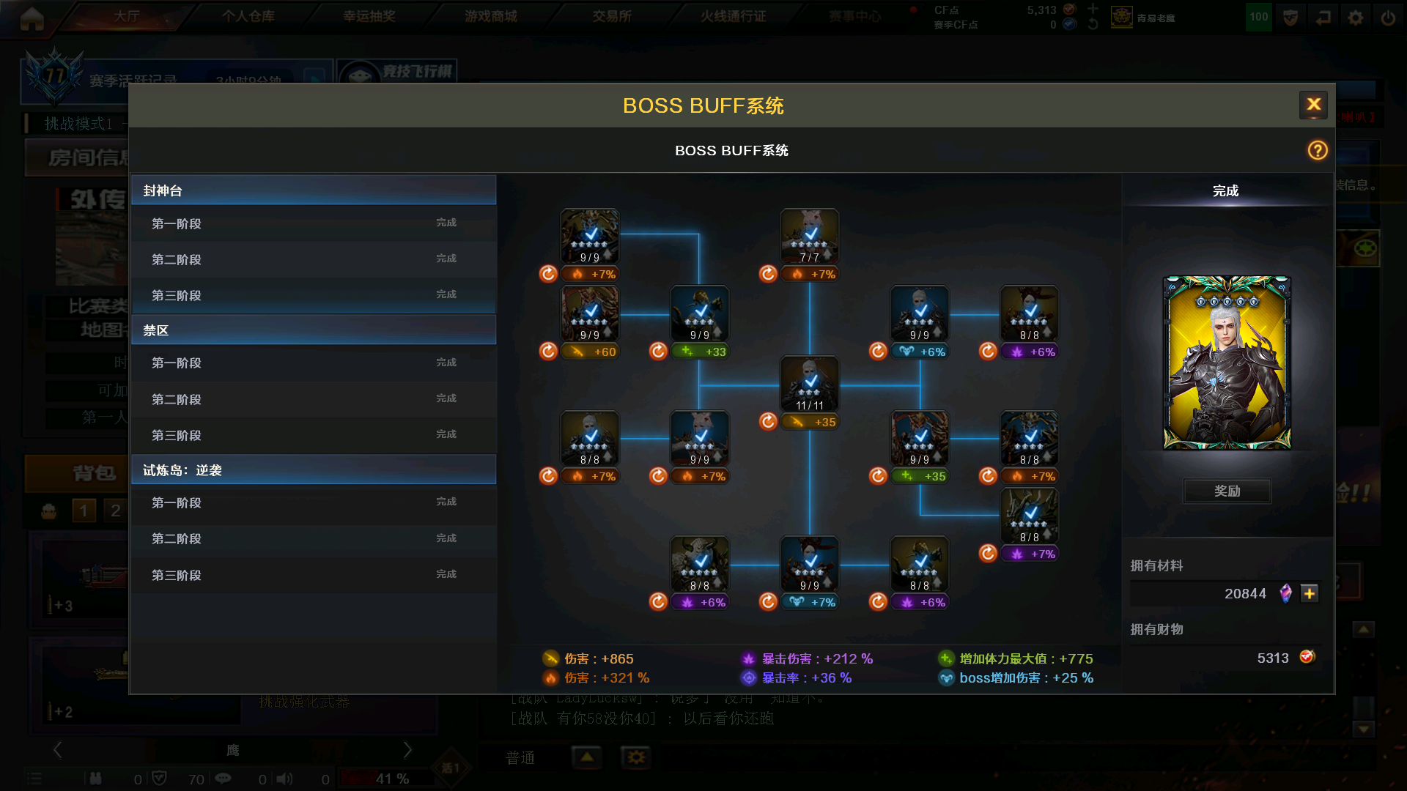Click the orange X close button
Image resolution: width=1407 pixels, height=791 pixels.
[x=1314, y=105]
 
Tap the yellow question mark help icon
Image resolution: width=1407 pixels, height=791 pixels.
[x=1318, y=150]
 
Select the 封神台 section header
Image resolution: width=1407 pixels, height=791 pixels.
[x=314, y=190]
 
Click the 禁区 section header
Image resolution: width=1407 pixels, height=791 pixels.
[x=314, y=330]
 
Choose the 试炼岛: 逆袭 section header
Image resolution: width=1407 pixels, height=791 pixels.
[x=314, y=470]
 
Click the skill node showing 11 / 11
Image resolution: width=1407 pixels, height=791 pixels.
[x=810, y=384]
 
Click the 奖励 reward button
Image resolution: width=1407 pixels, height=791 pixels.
[x=1227, y=491]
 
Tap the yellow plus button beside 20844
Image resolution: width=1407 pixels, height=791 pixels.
[x=1310, y=593]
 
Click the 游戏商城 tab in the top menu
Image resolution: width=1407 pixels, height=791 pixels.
[x=490, y=16]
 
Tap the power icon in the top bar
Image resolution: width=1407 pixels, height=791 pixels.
[x=1388, y=18]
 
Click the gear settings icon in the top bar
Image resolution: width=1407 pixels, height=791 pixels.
[x=1356, y=18]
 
